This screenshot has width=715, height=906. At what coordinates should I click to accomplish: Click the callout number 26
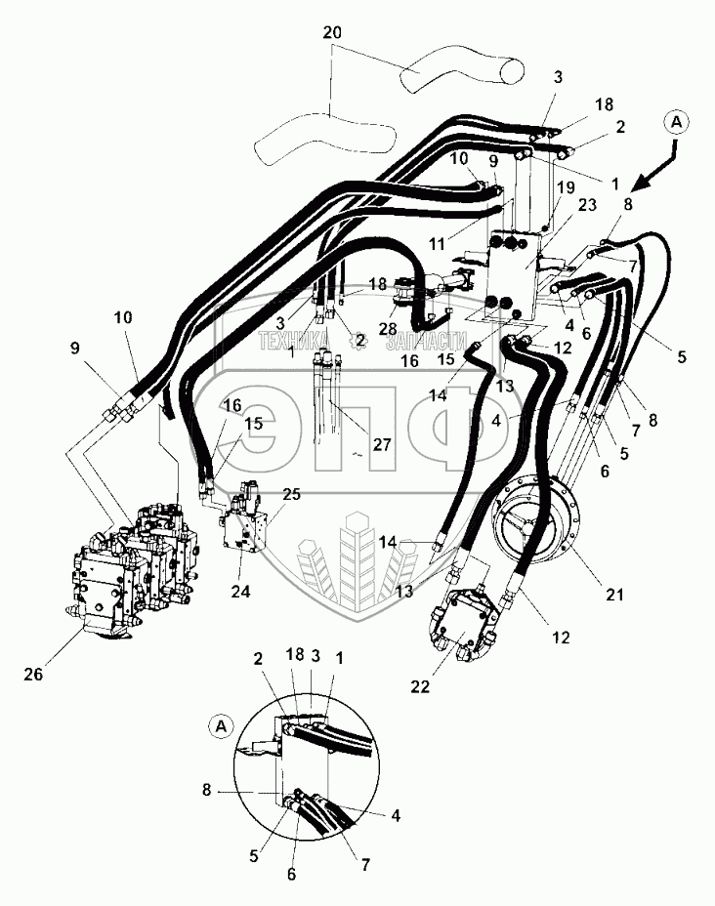click(33, 674)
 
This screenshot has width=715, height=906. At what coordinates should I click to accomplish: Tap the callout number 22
click(420, 686)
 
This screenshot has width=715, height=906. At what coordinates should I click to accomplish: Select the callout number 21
click(614, 594)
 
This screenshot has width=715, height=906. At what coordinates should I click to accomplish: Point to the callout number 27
click(382, 444)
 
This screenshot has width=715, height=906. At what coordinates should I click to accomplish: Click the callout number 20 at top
click(332, 33)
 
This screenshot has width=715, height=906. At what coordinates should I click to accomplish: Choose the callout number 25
click(291, 495)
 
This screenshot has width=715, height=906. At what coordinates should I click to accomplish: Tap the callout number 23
click(587, 205)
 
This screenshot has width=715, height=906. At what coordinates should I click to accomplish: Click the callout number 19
click(567, 187)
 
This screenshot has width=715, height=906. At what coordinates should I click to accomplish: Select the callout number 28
click(388, 329)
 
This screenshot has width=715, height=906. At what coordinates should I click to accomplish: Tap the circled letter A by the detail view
click(221, 726)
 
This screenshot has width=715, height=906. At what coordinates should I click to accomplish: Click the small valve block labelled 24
click(243, 517)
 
